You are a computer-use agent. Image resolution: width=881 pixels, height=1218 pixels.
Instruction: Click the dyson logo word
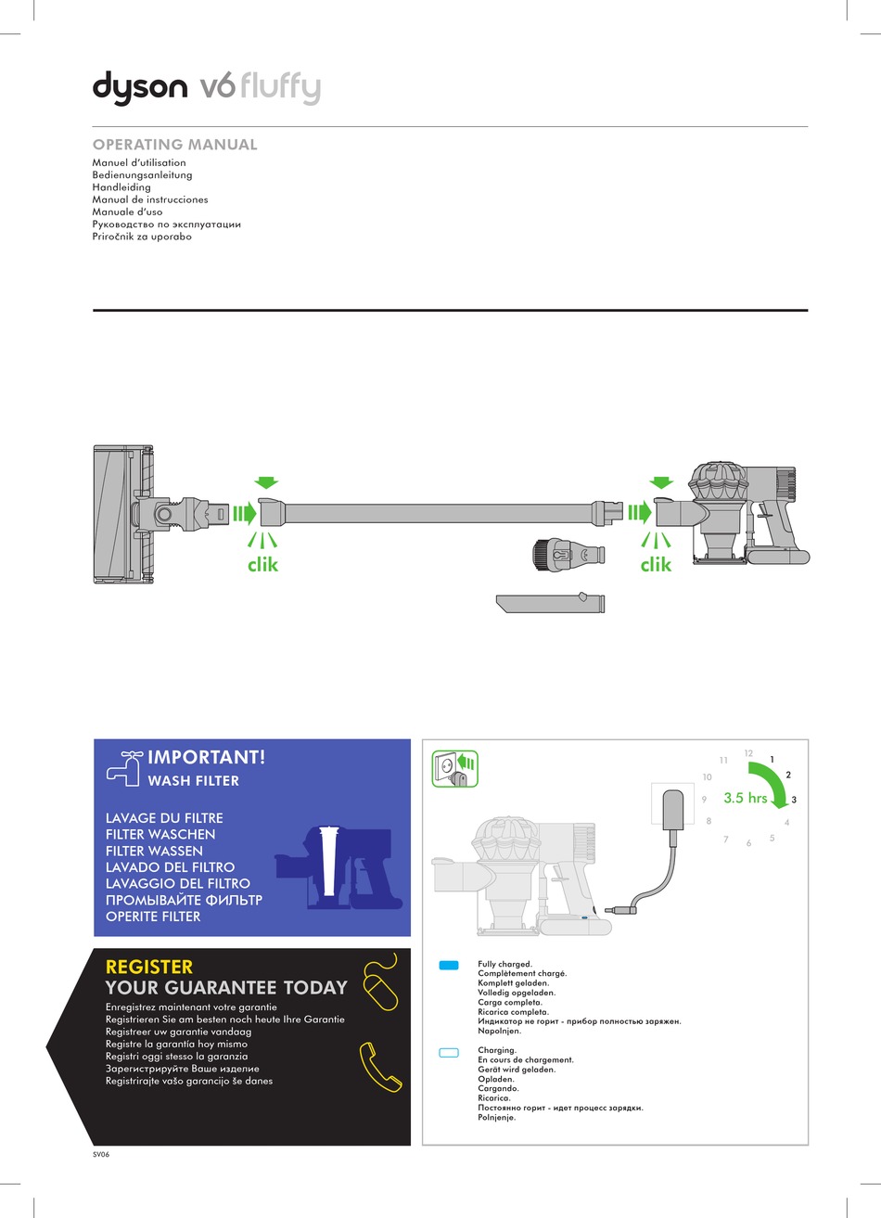click(x=139, y=89)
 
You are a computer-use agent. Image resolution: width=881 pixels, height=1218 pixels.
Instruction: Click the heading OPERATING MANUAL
click(x=174, y=145)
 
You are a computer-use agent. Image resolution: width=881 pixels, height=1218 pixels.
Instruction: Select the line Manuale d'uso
click(x=127, y=212)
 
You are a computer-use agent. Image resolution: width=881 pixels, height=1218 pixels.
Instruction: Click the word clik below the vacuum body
click(x=655, y=564)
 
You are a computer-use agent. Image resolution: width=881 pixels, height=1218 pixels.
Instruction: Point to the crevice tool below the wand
click(x=551, y=603)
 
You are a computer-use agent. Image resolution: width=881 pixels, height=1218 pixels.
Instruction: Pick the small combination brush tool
click(x=566, y=555)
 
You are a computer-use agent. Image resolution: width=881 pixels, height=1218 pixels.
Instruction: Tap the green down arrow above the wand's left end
click(x=266, y=482)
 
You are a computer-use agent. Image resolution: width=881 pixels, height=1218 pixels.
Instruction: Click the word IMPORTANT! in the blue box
click(x=206, y=757)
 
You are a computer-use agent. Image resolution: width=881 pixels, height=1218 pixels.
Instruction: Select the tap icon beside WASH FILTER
click(x=122, y=767)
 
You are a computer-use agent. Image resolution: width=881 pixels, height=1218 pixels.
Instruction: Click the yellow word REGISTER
click(x=149, y=967)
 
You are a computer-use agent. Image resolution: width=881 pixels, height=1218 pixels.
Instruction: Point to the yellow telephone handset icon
click(x=380, y=1067)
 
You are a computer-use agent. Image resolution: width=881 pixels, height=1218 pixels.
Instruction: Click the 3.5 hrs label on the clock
click(x=745, y=798)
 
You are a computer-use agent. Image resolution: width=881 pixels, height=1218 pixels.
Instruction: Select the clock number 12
click(x=748, y=752)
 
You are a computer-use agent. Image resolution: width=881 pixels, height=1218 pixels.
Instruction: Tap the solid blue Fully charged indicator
click(x=449, y=966)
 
